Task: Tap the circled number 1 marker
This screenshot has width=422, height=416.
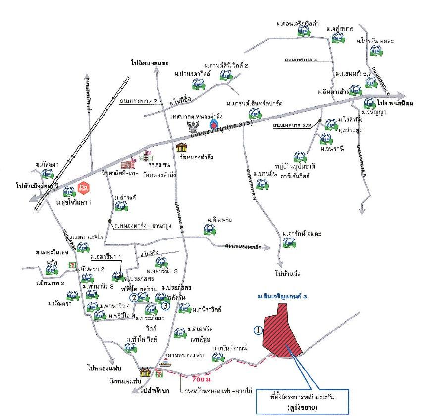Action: click(x=257, y=329)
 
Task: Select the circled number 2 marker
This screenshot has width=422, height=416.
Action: click(x=134, y=297)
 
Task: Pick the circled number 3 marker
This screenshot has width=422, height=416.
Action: click(x=166, y=306)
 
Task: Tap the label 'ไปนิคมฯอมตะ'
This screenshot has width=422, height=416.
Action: click(x=150, y=63)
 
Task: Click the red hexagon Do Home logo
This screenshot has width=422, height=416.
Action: click(x=83, y=189)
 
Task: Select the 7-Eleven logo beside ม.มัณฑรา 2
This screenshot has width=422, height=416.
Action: click(x=72, y=265)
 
